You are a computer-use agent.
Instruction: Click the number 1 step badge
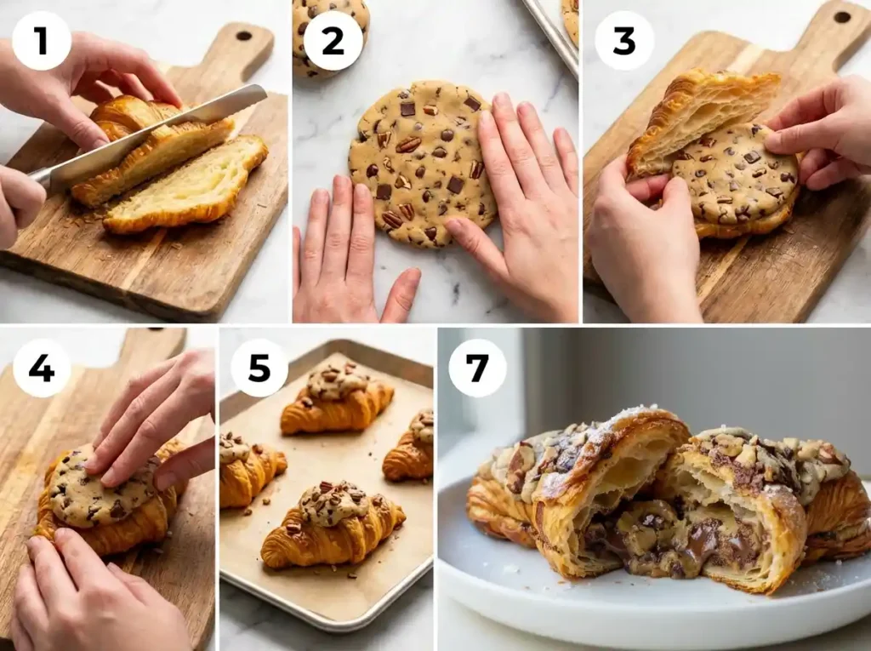42,41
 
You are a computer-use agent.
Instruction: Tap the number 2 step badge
333,41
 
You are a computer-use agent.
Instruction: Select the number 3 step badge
623,41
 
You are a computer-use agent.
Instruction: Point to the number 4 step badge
42,368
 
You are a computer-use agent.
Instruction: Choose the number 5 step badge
259,368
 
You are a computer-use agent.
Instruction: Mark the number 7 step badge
477,368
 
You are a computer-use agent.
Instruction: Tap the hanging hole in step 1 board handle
244,36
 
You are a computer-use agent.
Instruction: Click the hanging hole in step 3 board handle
841,16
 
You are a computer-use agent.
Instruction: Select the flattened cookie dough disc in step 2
421,162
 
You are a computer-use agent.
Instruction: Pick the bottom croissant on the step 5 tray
332,523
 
